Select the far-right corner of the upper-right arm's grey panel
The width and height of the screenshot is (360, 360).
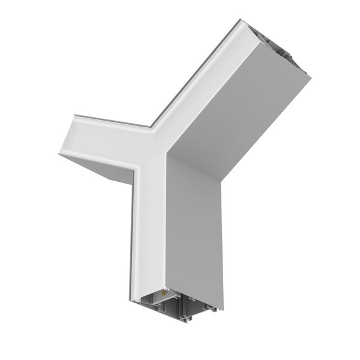click(x=312, y=77)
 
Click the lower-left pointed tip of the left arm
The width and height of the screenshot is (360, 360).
click(x=59, y=155)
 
